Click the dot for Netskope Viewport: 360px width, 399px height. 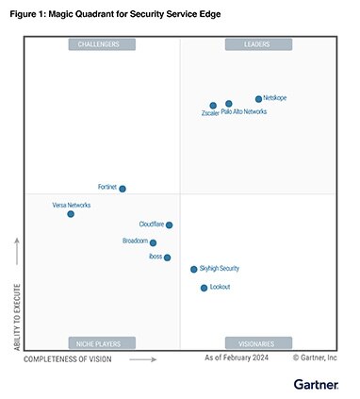click(x=258, y=98)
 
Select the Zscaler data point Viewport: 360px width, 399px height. click(x=213, y=106)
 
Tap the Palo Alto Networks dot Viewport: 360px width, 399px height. click(x=229, y=104)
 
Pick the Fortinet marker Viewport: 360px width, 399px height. click(x=123, y=189)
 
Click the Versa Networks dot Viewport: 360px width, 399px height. click(x=71, y=214)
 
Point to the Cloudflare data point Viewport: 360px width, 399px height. click(x=170, y=224)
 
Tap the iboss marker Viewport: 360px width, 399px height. click(x=168, y=257)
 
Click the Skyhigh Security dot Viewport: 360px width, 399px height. click(x=194, y=269)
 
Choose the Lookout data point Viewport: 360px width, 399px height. click(x=204, y=288)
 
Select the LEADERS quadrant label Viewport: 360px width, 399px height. click(x=258, y=44)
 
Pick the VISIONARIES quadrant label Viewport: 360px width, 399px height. click(x=258, y=343)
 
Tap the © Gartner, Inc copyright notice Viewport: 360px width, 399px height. click(x=315, y=358)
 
